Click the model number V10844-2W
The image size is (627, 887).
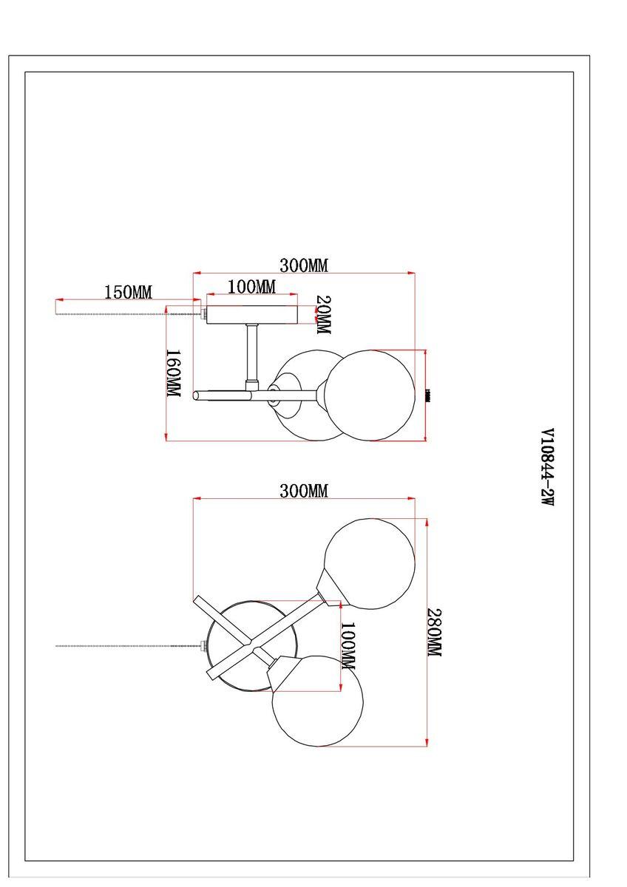[x=547, y=466]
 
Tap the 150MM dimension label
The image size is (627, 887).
[x=127, y=292]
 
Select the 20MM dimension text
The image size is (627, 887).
[x=324, y=316]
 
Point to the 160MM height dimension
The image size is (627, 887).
[x=173, y=373]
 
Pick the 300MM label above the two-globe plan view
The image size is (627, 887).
[x=303, y=491]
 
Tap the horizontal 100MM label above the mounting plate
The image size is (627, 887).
[x=251, y=287]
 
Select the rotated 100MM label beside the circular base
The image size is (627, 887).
[x=348, y=646]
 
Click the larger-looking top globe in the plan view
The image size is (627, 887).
[x=370, y=563]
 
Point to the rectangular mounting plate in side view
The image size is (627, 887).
[x=251, y=315]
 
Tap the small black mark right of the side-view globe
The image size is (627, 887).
[x=429, y=395]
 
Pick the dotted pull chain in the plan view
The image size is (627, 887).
[x=126, y=646]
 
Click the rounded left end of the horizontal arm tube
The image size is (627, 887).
[x=197, y=395]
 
